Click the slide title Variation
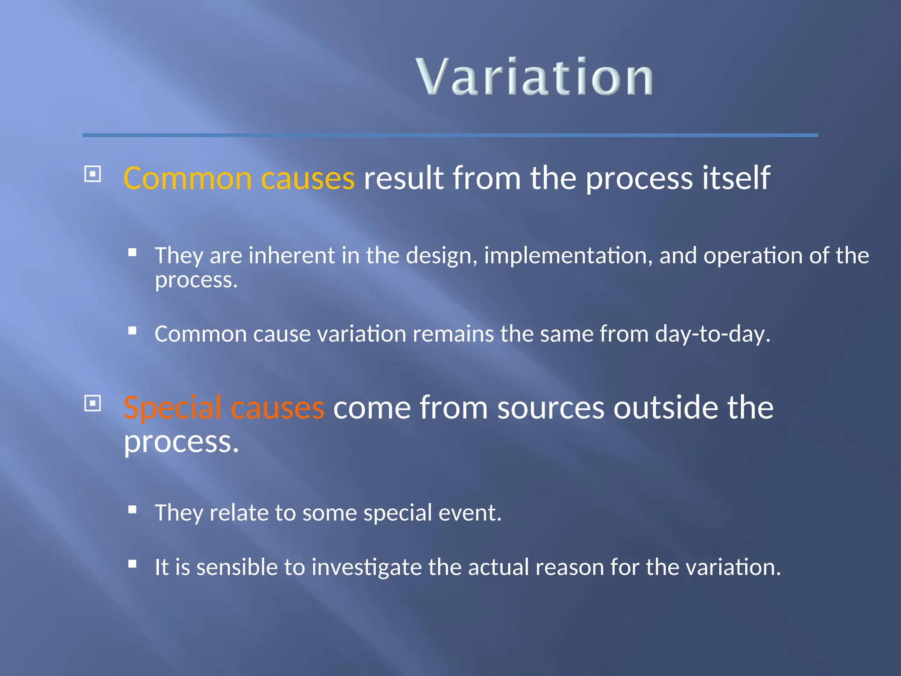click(534, 77)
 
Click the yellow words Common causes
click(239, 178)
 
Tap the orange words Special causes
click(224, 408)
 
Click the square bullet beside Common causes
click(92, 174)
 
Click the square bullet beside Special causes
click(92, 403)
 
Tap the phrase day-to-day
click(712, 334)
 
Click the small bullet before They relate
click(132, 510)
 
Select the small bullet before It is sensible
click(132, 564)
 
